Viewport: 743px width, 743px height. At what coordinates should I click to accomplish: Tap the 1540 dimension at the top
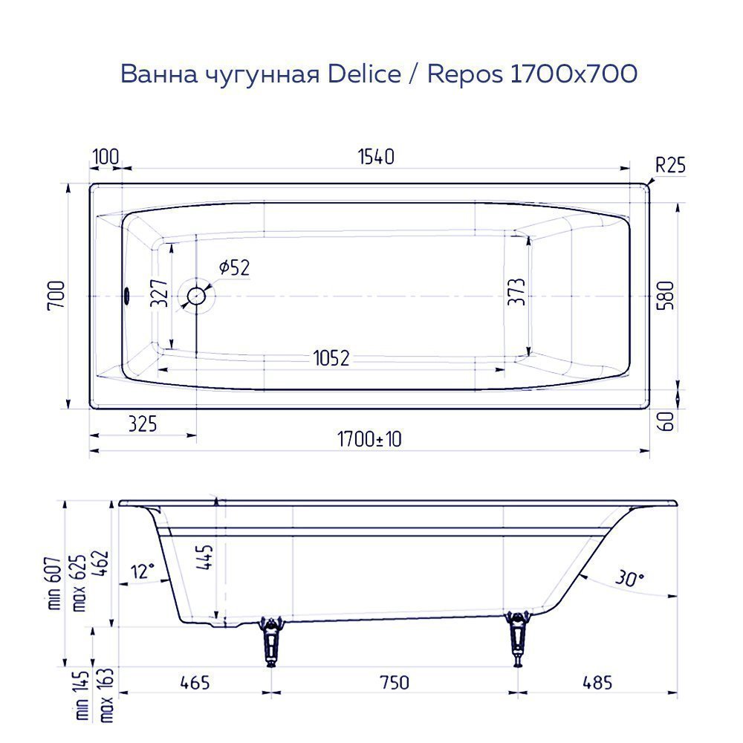click(x=375, y=158)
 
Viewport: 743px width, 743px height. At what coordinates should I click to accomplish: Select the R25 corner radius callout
click(x=670, y=165)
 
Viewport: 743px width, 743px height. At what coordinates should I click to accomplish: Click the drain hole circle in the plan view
click(x=197, y=296)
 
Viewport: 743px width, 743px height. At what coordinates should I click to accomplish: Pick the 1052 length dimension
click(x=331, y=358)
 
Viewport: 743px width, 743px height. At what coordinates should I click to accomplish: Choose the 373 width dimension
click(x=518, y=292)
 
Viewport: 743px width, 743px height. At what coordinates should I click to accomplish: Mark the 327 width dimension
click(x=158, y=294)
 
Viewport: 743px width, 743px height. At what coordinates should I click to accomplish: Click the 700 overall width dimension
click(x=59, y=296)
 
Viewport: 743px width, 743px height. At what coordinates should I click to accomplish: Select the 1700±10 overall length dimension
click(x=369, y=439)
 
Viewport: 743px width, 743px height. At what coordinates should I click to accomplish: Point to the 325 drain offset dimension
click(x=142, y=424)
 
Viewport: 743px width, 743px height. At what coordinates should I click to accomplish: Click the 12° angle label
click(x=143, y=570)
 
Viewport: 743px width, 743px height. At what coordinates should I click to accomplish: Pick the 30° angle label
click(x=629, y=578)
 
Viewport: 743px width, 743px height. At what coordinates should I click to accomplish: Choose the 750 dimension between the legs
click(x=394, y=682)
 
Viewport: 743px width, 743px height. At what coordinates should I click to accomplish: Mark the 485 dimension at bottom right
click(x=597, y=682)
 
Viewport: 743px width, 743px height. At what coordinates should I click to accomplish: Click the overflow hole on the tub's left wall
click(x=126, y=296)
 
